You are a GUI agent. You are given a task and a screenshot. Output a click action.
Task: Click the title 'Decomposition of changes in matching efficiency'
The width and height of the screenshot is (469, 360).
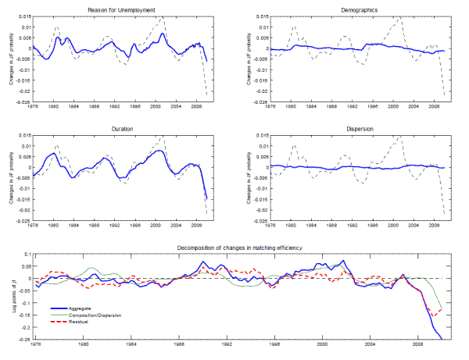pyautogui.click(x=234, y=248)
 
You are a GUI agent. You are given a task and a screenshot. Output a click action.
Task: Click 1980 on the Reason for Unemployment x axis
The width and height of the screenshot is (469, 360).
pyautogui.click(x=53, y=108)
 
